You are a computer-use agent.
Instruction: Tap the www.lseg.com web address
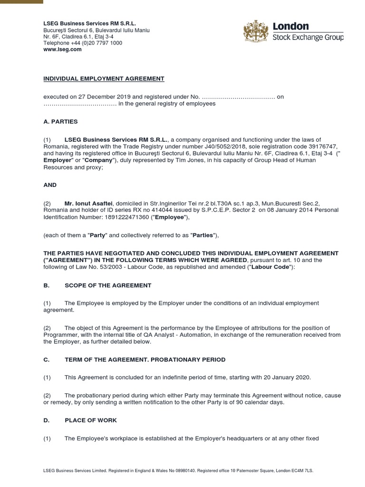pyautogui.click(x=62, y=49)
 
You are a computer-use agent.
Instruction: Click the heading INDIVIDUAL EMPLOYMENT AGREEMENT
pyautogui.click(x=104, y=78)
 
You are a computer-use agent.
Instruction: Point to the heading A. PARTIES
pyautogui.click(x=60, y=121)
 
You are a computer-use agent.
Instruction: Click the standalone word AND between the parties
pyautogui.click(x=50, y=185)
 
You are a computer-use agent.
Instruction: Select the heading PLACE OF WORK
pyautogui.click(x=90, y=420)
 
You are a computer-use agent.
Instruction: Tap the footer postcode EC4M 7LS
pyautogui.click(x=303, y=470)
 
